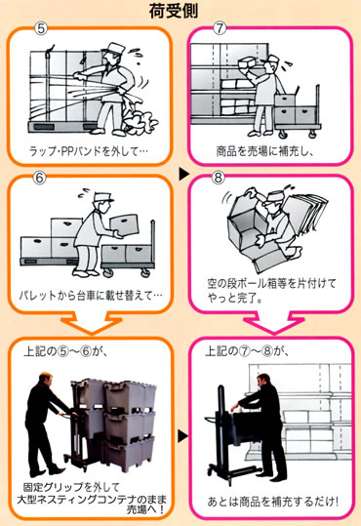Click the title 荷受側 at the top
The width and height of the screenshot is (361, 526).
click(x=174, y=11)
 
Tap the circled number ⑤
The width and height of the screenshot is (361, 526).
click(x=41, y=29)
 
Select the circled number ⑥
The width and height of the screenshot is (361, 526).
click(x=39, y=178)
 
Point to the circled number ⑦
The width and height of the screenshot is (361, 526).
click(x=220, y=28)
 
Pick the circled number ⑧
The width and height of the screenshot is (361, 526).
click(x=218, y=177)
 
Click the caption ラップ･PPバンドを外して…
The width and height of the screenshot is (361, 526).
click(x=88, y=151)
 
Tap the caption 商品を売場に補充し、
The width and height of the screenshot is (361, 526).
click(x=265, y=151)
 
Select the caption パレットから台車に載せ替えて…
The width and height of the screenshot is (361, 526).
click(x=91, y=296)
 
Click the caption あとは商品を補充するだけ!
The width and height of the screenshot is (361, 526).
click(x=273, y=502)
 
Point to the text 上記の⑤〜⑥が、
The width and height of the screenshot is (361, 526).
click(x=65, y=351)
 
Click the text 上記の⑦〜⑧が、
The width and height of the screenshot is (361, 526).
click(x=247, y=351)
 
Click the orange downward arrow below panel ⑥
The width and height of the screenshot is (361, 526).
click(x=92, y=323)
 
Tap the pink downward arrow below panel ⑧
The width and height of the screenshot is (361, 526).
click(x=274, y=323)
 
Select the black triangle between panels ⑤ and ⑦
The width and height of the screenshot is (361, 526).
click(x=183, y=174)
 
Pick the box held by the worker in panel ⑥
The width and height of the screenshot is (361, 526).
click(x=124, y=224)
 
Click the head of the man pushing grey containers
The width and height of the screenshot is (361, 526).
click(x=45, y=379)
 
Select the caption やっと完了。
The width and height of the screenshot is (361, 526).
click(x=234, y=299)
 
